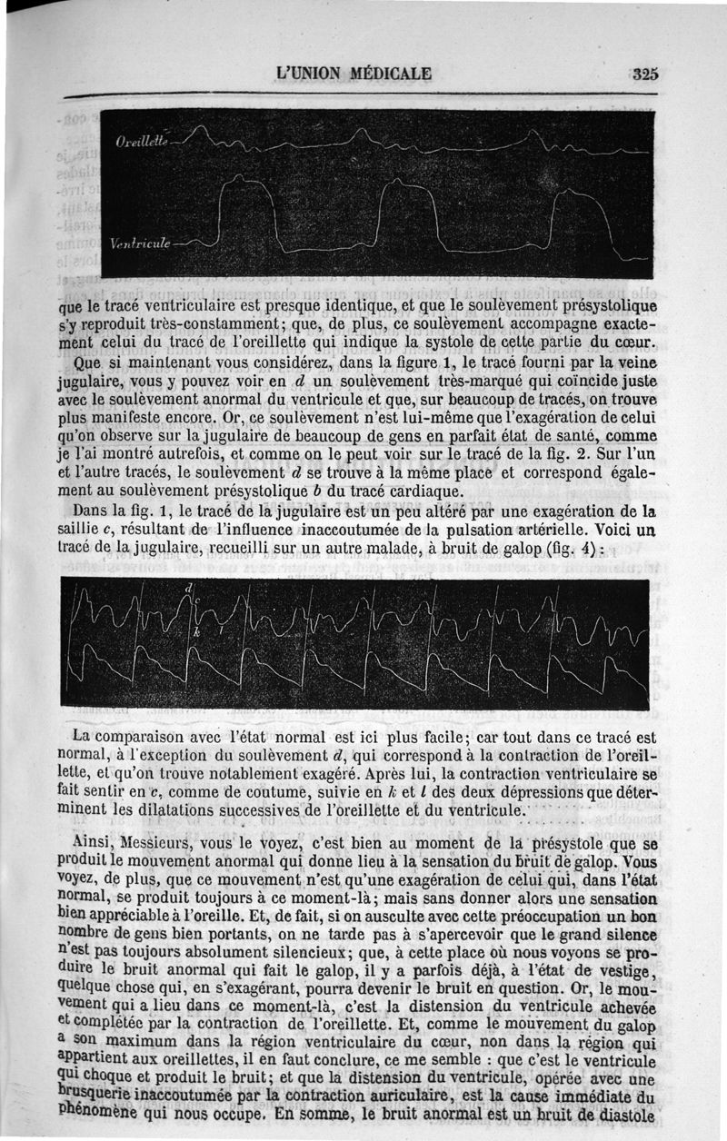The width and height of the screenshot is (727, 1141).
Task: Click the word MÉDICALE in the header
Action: (x=385, y=74)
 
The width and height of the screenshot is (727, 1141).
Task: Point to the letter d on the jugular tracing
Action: (x=189, y=589)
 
